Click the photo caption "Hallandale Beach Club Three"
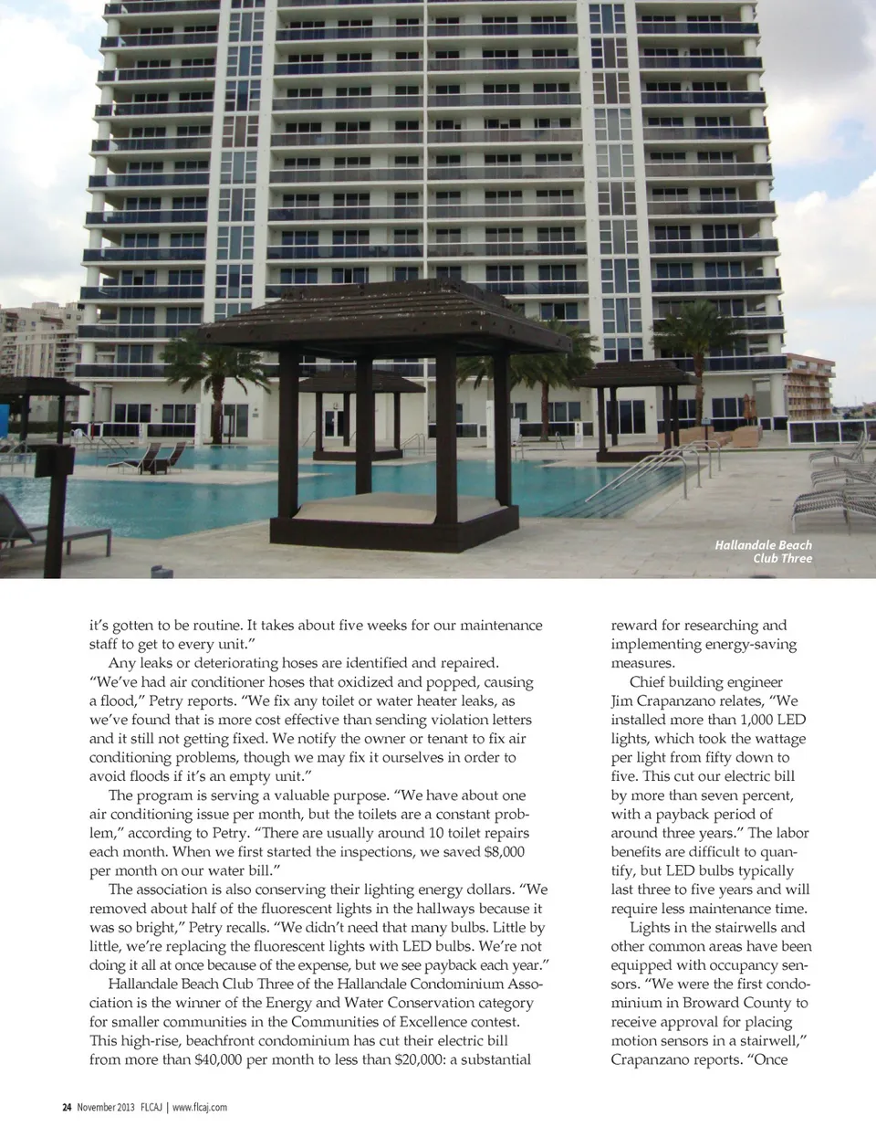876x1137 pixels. coord(763,552)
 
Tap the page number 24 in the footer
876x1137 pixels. coord(66,1107)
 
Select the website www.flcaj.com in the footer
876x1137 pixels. coord(200,1107)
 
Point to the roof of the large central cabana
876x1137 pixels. coord(383,315)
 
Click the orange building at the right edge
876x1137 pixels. coord(808,384)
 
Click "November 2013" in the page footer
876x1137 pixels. coord(106,1107)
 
